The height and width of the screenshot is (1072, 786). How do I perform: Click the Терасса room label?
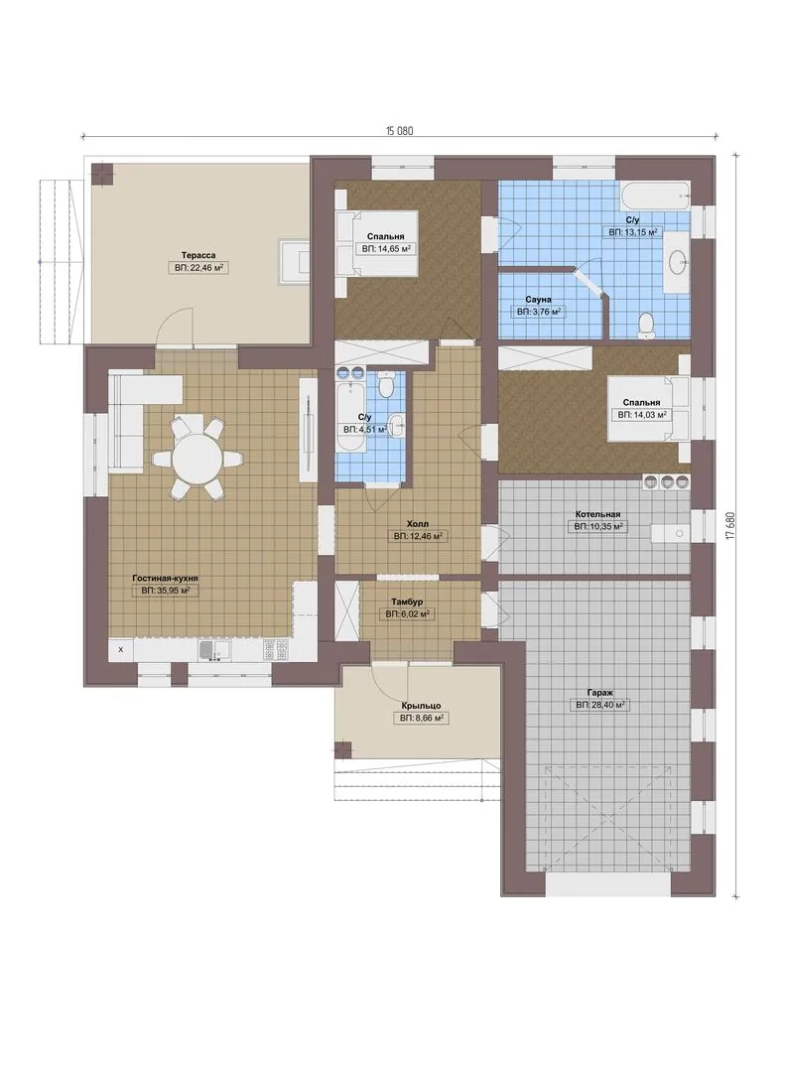[x=198, y=255]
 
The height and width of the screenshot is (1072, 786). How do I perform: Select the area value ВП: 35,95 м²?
[x=165, y=590]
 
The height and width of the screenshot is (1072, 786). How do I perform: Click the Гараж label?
[x=599, y=692]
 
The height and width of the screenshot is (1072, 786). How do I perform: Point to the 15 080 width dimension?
[x=400, y=131]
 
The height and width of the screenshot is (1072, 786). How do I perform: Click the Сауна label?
[x=538, y=300]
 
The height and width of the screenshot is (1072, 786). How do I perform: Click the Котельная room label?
[x=597, y=514]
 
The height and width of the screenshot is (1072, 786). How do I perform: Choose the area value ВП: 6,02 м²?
[x=407, y=614]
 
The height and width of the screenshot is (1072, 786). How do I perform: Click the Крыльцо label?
[x=421, y=706]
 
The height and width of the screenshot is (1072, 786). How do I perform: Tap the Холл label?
[x=417, y=524]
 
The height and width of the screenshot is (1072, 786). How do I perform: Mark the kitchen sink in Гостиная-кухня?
[x=214, y=650]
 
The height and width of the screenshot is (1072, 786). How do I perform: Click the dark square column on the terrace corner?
[x=103, y=173]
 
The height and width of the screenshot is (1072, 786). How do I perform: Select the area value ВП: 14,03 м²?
[x=642, y=414]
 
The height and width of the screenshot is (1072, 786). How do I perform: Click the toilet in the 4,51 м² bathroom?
[x=386, y=385]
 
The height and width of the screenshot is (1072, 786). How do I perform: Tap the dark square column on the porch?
[x=343, y=749]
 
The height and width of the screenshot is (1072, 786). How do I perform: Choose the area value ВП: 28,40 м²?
[x=600, y=704]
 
